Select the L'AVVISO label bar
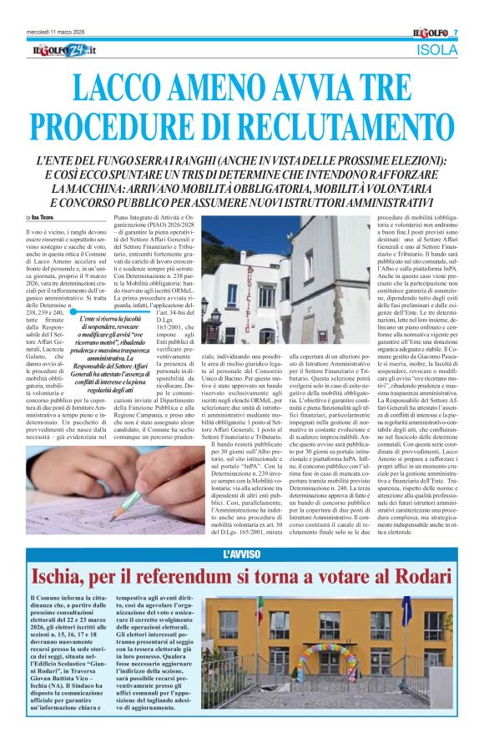pyautogui.click(x=242, y=554)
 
